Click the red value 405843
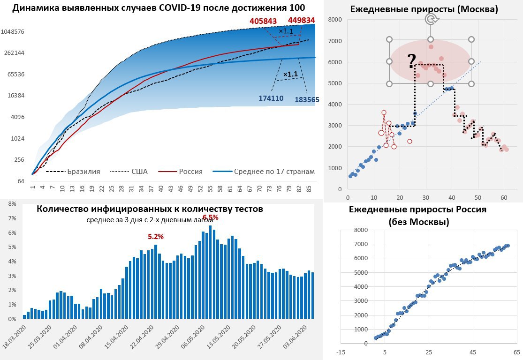tap(263, 21)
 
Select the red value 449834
tap(301, 20)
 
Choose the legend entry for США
tap(139, 172)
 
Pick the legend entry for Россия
tap(191, 172)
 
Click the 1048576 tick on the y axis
tap(13, 31)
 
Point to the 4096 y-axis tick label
tap(18, 117)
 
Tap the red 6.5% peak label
tap(210, 217)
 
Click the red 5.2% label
tap(156, 237)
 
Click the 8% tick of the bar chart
tap(12, 204)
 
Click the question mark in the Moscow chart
tap(411, 60)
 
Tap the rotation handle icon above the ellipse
tap(431, 19)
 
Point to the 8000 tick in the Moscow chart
tap(335, 20)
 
